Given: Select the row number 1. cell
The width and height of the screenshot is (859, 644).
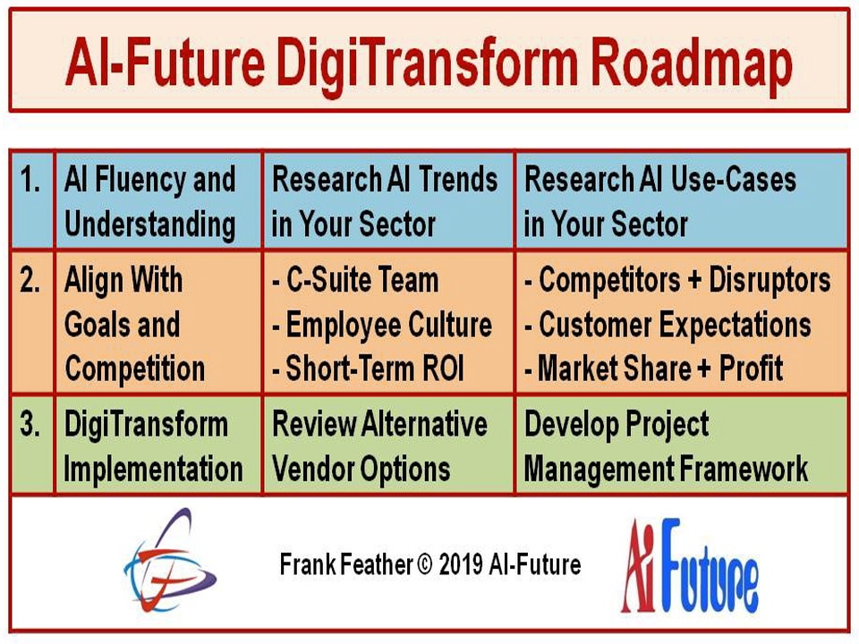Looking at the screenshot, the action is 32,200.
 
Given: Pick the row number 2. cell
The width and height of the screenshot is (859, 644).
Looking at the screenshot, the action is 32,322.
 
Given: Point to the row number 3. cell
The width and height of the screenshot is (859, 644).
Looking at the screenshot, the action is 32,445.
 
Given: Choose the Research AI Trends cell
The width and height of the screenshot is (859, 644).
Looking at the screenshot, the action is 388,200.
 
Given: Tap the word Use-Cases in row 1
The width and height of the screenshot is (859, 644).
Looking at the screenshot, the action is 733,179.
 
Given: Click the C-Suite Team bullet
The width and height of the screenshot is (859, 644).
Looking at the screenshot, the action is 355,280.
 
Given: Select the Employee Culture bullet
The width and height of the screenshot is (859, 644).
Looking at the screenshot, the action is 382,325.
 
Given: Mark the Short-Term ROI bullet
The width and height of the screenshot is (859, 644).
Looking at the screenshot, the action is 368,368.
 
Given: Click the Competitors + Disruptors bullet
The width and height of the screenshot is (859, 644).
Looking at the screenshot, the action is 677,280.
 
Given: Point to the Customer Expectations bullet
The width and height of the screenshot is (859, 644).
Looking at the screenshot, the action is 668,325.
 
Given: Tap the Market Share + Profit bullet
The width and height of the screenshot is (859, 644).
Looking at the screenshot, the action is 653,368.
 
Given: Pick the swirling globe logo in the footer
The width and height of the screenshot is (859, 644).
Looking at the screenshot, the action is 170,561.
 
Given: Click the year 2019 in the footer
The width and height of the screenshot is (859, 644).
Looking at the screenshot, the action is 461,564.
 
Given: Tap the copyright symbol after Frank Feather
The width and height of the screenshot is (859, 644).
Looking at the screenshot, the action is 424,564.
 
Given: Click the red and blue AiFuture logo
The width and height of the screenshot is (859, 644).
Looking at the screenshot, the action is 690,565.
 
